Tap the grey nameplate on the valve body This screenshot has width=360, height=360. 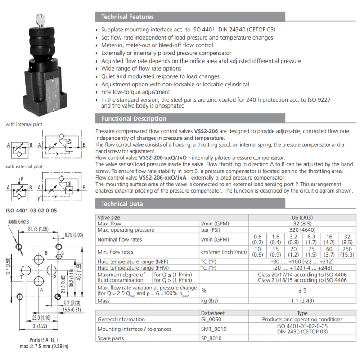(x=53, y=95)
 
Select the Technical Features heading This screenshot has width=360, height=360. (x=127, y=17)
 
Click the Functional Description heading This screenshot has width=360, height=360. (x=134, y=118)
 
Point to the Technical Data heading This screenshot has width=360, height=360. (x=122, y=204)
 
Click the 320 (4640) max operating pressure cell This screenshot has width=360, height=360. (x=302, y=230)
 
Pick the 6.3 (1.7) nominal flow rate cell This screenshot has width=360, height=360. (x=311, y=239)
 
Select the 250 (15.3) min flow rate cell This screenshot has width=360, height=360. (x=347, y=252)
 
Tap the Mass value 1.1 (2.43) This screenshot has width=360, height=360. (x=302, y=301)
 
